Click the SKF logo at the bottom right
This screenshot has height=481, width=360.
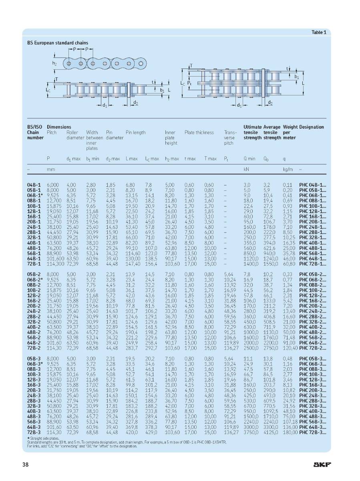[322, 465]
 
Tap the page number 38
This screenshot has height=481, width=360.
[25, 465]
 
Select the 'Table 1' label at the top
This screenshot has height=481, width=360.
[319, 32]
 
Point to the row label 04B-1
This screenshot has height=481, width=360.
[33, 185]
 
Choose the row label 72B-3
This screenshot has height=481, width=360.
[33, 432]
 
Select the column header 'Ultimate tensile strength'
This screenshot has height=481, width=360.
[252, 132]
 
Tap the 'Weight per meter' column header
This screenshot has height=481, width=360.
[290, 132]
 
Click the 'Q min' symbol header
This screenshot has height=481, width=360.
[249, 159]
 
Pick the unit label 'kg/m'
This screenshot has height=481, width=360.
[288, 170]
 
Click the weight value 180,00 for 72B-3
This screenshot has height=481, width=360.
[290, 432]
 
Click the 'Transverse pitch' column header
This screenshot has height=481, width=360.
[230, 137]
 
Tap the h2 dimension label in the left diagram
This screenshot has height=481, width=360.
[54, 63]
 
